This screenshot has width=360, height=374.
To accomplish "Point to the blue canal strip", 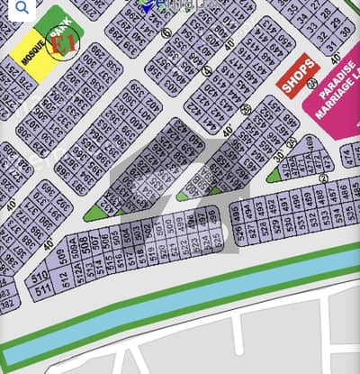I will [180, 311].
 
